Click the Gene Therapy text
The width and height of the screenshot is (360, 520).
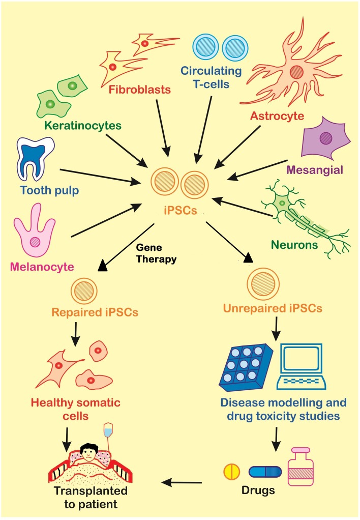tap(156, 254)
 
